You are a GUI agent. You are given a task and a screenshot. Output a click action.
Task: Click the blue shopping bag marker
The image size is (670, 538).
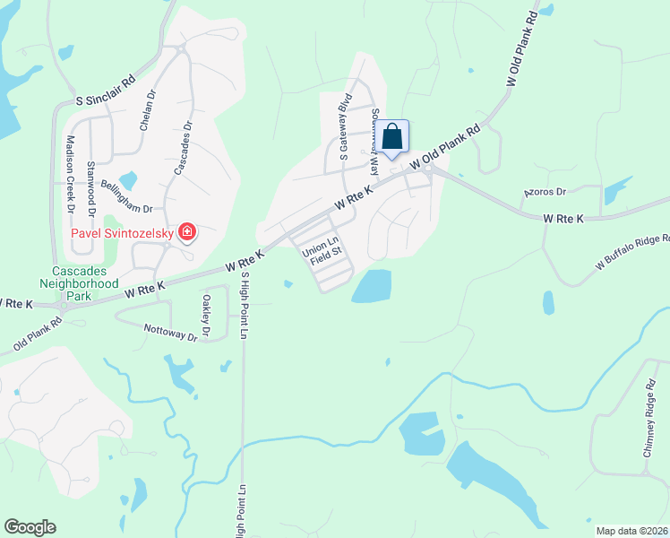tap(392, 138)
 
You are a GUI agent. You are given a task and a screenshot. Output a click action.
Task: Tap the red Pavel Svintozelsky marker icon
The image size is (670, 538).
tap(187, 234)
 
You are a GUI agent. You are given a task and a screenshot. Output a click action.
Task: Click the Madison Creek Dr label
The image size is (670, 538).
tap(71, 174)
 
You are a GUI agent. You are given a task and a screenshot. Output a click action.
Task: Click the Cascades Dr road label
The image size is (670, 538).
tap(183, 148)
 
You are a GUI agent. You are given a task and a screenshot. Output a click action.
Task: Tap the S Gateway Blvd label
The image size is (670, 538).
tap(343, 131)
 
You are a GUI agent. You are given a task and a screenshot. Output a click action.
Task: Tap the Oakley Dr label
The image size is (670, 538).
tap(206, 317)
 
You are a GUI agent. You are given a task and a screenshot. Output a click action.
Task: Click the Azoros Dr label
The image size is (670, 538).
tap(545, 192)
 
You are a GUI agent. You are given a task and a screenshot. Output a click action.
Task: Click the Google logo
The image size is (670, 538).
tap(30, 527)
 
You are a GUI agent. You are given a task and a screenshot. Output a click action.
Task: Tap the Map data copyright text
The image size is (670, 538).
tap(631, 531)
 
